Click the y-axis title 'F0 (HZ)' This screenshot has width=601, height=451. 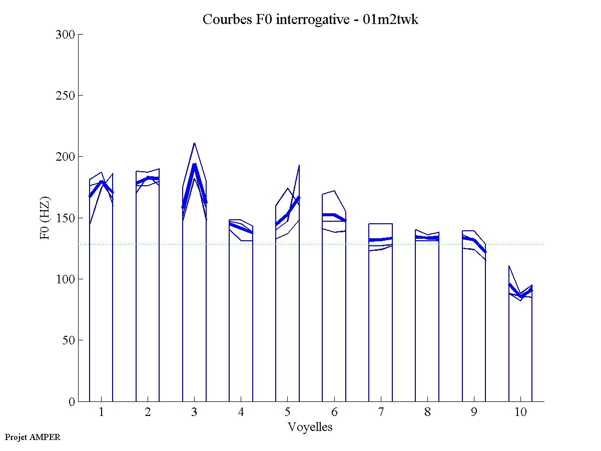pos(45,218)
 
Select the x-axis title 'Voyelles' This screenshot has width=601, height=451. pos(310,427)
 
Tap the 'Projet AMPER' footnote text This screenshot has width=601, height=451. pos(33,437)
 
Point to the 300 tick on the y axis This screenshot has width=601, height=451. pos(66,35)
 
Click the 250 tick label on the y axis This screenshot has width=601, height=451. pos(66,96)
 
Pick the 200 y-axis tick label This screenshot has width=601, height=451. pos(66,157)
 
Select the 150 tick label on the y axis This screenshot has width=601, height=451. pos(66,218)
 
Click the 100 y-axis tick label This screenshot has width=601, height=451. pos(66,279)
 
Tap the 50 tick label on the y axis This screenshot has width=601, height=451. pos(69,340)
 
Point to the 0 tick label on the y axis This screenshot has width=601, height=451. pos(71,401)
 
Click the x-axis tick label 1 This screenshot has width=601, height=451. pos(102,412)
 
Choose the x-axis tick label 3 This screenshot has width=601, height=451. pos(195,412)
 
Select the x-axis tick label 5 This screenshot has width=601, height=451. pos(288,412)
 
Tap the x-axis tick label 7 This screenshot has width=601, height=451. pos(381,412)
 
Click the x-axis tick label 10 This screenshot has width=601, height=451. pos(520,412)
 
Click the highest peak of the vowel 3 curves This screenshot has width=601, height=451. pos(194,143)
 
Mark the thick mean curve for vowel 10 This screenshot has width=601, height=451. pos(520,296)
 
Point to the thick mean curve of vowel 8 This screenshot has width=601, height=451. pos(427,238)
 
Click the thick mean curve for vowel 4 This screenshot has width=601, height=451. pos(241,228)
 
